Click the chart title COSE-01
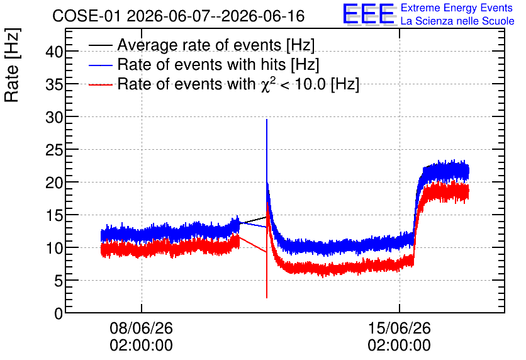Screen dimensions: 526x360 [x=86, y=16]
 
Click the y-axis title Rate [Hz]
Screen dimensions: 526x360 [x=12, y=65]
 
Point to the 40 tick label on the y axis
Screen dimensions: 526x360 [x=54, y=52]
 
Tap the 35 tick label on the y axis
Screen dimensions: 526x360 [x=54, y=84]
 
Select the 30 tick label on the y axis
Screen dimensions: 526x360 [x=54, y=118]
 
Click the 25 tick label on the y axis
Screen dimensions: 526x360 [x=54, y=150]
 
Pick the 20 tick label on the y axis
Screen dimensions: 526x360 [x=54, y=183]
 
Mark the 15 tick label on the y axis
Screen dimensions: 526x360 [x=54, y=216]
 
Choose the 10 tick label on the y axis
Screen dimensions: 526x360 [x=54, y=249]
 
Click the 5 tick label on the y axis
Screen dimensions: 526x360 [x=59, y=281]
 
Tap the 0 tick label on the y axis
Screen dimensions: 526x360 [x=59, y=314]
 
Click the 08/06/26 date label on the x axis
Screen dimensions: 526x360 [x=141, y=328]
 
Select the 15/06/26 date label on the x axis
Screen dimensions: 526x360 [x=399, y=328]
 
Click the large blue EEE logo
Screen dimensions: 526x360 [x=369, y=14]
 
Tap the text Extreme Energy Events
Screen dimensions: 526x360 [x=457, y=8]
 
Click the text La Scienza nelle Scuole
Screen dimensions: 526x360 [x=457, y=21]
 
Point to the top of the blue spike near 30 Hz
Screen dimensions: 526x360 [x=267, y=119]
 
